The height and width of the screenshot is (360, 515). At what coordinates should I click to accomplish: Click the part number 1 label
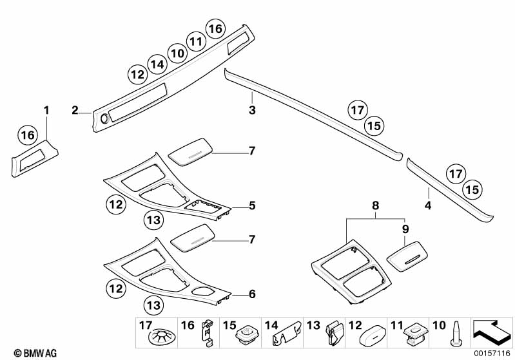[46, 109]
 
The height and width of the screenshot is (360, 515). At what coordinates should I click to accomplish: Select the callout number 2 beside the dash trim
[75, 110]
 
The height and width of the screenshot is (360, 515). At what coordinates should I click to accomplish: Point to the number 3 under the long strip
[252, 111]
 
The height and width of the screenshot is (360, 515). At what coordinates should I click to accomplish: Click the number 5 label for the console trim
[252, 206]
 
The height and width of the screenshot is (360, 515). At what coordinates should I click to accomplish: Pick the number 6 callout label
[252, 294]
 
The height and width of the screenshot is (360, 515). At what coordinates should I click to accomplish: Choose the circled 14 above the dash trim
[157, 64]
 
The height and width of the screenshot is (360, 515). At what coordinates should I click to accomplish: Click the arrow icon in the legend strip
[492, 333]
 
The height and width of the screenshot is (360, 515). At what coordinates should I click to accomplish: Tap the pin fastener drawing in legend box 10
[456, 334]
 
